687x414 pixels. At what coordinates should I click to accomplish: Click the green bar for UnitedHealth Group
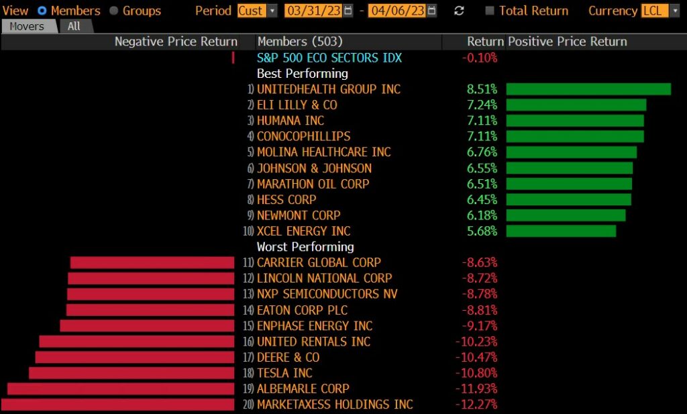click(x=588, y=89)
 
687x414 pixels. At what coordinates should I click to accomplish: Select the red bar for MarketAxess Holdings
click(x=118, y=405)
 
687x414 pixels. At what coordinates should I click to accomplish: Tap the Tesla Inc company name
click(x=284, y=373)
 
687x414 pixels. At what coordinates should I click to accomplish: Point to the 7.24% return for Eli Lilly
click(x=482, y=105)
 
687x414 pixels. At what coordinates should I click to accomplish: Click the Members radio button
click(x=42, y=11)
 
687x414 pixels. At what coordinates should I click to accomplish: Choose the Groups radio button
click(x=113, y=11)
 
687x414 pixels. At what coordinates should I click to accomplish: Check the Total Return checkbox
click(x=490, y=11)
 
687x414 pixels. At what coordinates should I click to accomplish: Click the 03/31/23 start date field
click(x=312, y=11)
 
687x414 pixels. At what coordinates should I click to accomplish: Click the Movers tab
click(x=27, y=26)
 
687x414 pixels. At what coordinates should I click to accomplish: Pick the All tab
click(x=74, y=26)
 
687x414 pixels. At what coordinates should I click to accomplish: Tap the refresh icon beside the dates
click(x=459, y=11)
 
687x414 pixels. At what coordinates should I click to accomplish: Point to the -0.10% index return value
click(x=480, y=58)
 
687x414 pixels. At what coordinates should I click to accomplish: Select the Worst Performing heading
click(x=305, y=247)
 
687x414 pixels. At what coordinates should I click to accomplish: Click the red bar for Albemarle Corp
click(x=121, y=389)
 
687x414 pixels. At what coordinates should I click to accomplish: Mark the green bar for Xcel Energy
click(x=561, y=231)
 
